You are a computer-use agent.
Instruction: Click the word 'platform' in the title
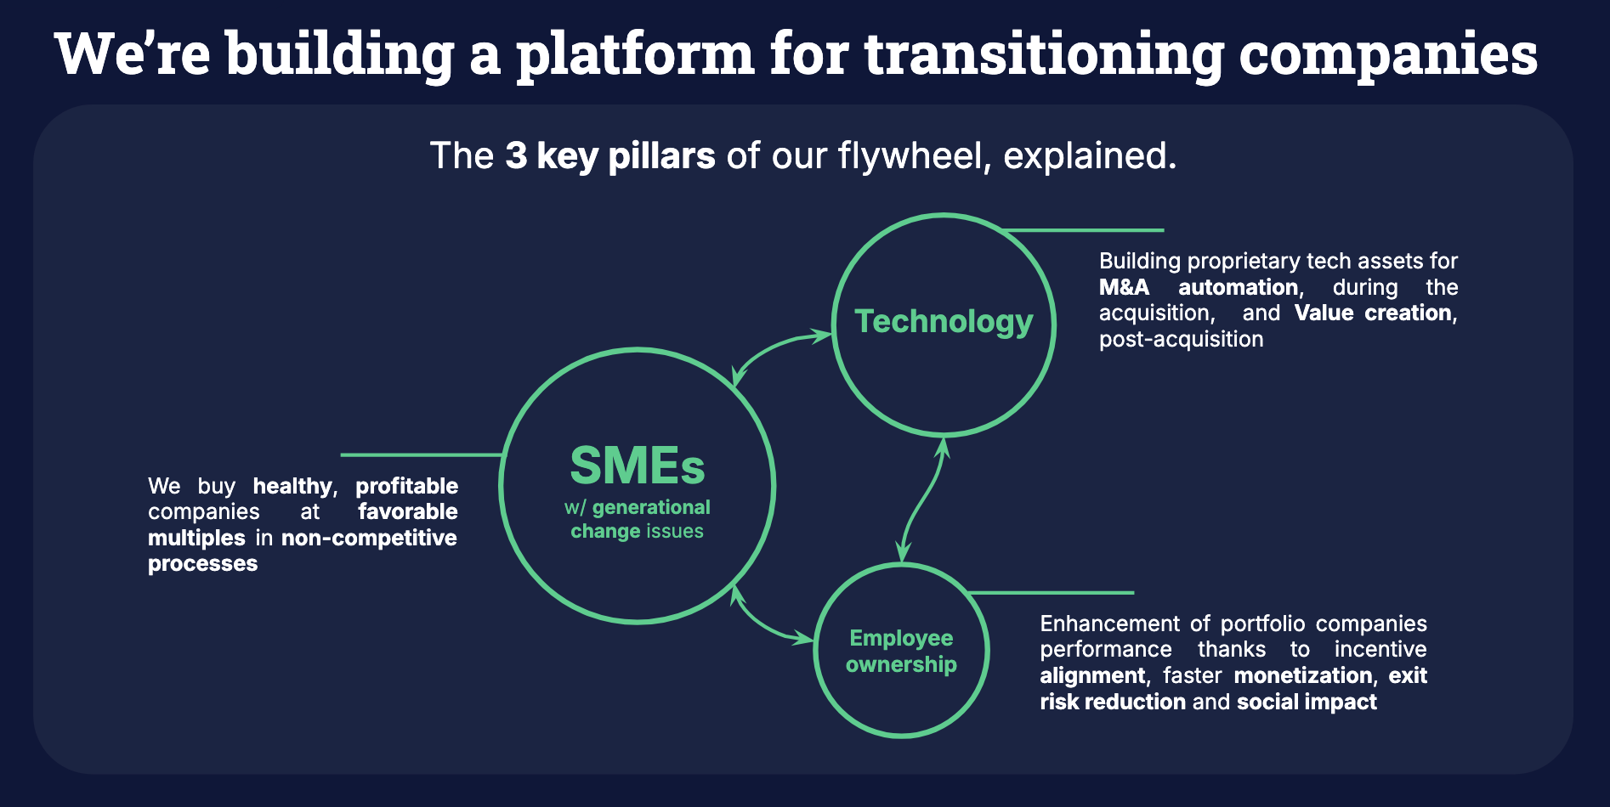[635, 54]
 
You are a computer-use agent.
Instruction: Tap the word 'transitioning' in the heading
[1044, 54]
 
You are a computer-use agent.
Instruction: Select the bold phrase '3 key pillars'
[609, 156]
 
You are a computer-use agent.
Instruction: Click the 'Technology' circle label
[944, 321]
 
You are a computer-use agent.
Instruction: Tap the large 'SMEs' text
[638, 466]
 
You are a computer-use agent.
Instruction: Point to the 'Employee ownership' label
[901, 651]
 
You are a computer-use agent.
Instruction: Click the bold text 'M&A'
[1124, 287]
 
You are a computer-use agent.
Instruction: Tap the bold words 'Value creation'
[1374, 313]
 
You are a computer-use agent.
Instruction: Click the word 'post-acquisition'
[1181, 339]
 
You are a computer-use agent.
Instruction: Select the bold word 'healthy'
[292, 486]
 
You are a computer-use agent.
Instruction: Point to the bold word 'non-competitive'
[369, 538]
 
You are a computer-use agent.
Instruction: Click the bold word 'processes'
[202, 563]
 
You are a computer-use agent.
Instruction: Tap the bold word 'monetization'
[1303, 675]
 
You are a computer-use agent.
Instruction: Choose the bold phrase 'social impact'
[1307, 702]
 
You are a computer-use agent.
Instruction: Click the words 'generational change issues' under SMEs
[638, 519]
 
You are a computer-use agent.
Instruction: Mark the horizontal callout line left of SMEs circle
[422, 455]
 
